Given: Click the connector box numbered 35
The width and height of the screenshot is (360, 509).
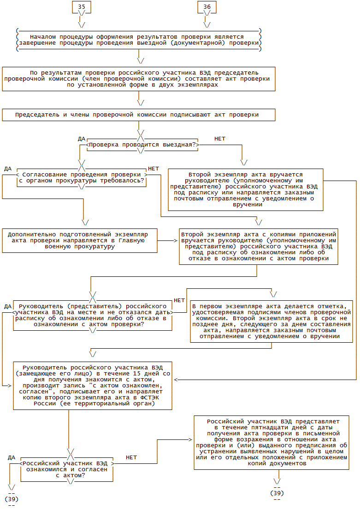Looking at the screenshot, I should (82, 7).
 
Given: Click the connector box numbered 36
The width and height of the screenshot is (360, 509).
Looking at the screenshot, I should (207, 7).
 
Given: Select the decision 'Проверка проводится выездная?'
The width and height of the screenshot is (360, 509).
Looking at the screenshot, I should (142, 145).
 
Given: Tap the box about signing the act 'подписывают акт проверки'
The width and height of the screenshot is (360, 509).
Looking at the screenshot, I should (138, 115).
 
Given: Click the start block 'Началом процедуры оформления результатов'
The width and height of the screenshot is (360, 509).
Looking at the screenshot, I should (138, 40).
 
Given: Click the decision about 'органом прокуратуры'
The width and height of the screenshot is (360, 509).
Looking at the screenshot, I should (82, 178).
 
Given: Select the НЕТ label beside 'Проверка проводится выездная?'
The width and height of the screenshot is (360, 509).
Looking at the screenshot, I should (220, 138).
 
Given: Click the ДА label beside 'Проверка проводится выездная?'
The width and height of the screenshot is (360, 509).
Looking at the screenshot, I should (82, 138).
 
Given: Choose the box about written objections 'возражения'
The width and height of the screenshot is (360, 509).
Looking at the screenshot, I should (271, 442).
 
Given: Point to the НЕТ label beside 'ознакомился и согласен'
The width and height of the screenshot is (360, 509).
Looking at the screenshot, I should (131, 457).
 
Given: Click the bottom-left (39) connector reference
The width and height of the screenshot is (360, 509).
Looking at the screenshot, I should (12, 499).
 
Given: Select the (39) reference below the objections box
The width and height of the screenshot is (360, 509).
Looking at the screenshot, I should (277, 493).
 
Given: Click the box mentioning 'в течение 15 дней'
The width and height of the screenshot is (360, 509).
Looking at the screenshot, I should (93, 385).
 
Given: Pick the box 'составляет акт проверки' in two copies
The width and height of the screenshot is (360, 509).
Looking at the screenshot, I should (138, 79).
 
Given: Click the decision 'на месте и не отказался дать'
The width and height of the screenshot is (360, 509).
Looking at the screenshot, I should (93, 315).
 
